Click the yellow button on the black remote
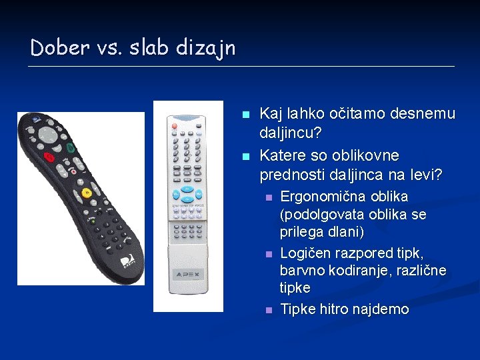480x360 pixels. click(87, 193)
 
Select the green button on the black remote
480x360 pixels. click(70, 147)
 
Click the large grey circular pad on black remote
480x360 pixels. click(48, 135)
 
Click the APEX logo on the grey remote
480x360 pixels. click(188, 273)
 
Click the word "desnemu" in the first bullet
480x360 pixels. click(419, 114)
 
